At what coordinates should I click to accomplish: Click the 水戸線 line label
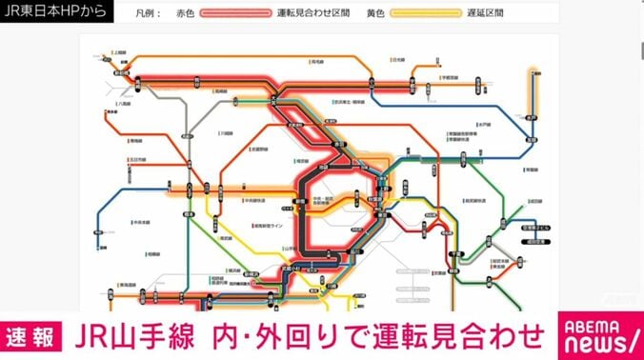[482, 124]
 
